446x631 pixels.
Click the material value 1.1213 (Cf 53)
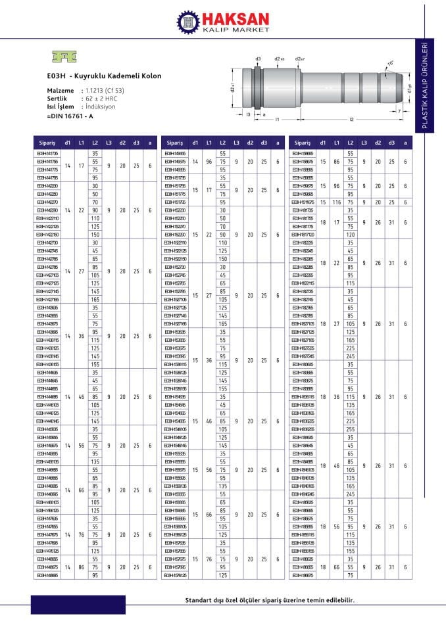pos(105,90)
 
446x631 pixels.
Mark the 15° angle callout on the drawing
pos(391,63)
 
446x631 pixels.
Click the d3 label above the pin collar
pos(258,58)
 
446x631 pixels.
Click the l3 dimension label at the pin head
pos(248,114)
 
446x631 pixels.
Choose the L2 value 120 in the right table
pos(350,235)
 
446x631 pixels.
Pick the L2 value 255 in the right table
pos(350,428)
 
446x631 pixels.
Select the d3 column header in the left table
pos(136,143)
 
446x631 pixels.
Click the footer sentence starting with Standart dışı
pos(269,600)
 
